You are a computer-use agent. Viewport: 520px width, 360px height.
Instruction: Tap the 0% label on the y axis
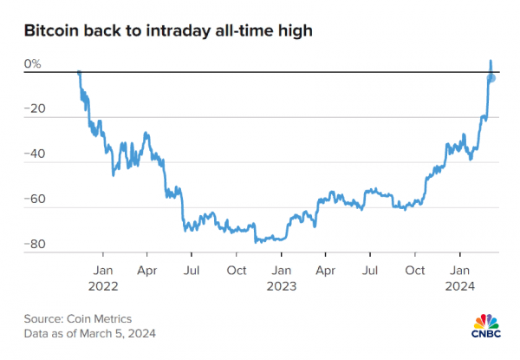32,63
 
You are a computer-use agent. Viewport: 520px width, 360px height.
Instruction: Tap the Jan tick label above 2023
281,270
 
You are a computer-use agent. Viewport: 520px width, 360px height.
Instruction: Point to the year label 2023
281,285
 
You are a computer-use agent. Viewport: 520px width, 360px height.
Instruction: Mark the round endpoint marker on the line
491,78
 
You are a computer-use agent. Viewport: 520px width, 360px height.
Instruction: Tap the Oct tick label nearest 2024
415,270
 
